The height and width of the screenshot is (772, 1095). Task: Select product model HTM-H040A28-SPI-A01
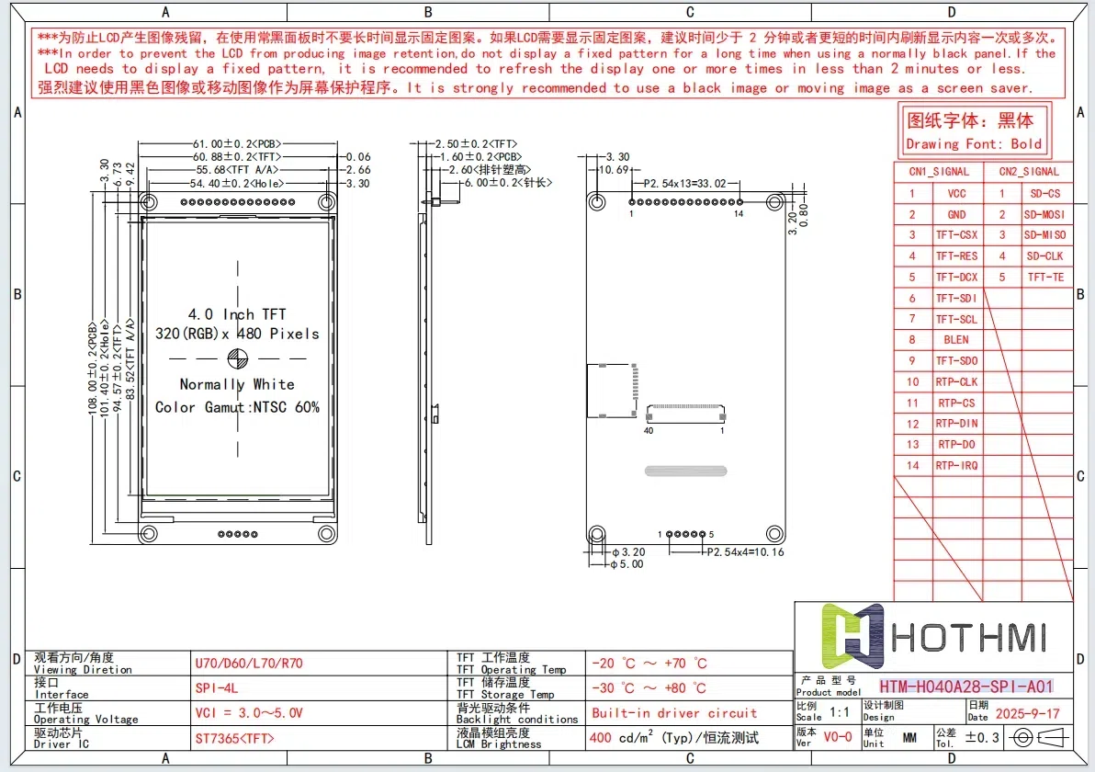pos(965,687)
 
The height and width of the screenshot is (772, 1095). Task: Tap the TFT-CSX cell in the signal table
pos(956,235)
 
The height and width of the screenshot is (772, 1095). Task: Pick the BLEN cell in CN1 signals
pos(956,340)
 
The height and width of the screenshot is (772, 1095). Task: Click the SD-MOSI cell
pos(1044,214)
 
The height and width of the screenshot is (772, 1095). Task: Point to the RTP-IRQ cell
pos(956,466)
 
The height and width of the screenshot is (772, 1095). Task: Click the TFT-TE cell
pos(1044,278)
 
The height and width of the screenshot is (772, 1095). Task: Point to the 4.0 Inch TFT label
pos(237,314)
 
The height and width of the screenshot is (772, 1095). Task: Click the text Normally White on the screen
pos(237,384)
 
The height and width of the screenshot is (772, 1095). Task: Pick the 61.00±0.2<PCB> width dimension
pos(236,144)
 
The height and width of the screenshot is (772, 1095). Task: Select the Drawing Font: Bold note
pos(974,144)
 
